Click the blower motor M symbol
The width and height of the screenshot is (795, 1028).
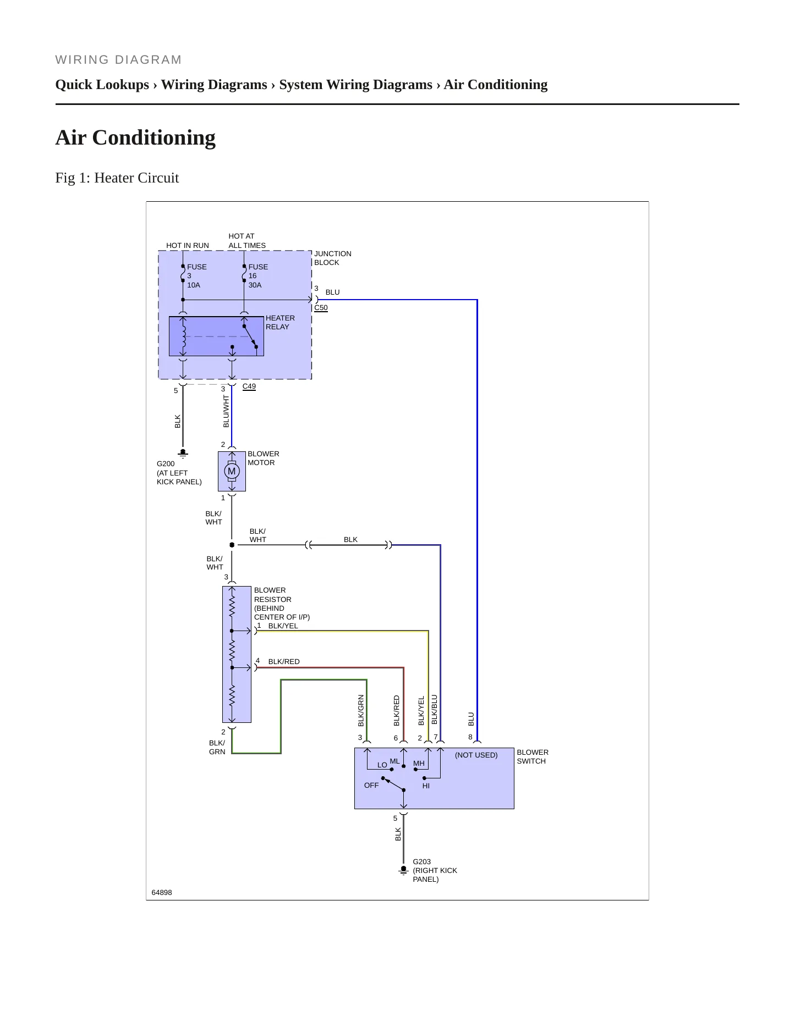(232, 471)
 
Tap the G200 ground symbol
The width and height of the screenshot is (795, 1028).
(183, 453)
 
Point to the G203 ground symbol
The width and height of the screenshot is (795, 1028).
(404, 870)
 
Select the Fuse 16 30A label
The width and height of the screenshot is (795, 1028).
(258, 276)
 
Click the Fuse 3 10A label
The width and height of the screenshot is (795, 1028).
(197, 276)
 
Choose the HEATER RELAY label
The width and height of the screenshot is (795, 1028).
(280, 322)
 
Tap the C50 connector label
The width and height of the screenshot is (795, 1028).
(321, 308)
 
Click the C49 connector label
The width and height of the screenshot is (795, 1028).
(249, 386)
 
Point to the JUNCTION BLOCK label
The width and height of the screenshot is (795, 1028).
(332, 258)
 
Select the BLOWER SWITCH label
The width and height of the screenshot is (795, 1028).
(533, 756)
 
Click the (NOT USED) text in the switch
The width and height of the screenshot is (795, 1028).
(476, 755)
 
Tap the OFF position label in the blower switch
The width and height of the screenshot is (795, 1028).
(371, 786)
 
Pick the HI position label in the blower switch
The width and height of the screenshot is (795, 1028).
(426, 786)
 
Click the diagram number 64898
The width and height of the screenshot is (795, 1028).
(162, 892)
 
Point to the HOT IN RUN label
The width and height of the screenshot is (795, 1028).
(188, 246)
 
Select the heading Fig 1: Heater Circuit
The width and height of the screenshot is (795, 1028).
(117, 178)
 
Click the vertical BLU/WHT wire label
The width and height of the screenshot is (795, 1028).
(226, 411)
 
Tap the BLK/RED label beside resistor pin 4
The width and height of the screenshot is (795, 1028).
(284, 662)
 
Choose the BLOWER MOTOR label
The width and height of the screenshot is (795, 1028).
(263, 458)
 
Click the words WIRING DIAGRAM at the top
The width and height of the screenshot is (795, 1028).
(119, 60)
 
